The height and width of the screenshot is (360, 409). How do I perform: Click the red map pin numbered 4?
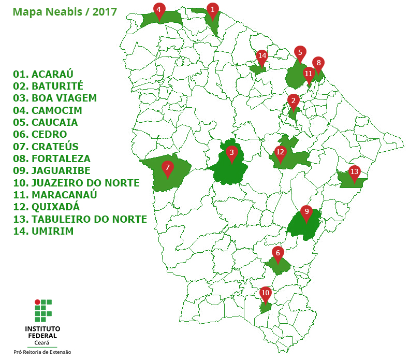point(159,9)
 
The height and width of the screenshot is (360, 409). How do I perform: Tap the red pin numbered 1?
point(212,9)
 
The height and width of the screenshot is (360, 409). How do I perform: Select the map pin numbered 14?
point(261,56)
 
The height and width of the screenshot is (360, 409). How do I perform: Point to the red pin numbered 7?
point(167,168)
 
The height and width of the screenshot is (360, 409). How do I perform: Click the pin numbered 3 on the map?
point(231,153)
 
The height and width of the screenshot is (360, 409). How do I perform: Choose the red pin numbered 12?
point(280,153)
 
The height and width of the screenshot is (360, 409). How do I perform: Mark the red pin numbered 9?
point(306,212)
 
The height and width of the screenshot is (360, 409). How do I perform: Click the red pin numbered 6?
point(278,253)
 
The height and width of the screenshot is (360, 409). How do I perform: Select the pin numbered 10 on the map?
point(265,293)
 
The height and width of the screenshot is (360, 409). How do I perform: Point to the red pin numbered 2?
point(294,101)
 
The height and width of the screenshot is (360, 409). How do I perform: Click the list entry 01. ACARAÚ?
point(43,74)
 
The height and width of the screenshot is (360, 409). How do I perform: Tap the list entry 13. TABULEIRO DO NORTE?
point(80,219)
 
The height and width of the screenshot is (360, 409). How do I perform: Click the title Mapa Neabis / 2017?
point(65,11)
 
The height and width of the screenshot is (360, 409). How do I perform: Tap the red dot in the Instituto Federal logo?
point(37,301)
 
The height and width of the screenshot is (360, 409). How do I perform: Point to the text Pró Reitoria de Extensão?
point(42,352)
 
